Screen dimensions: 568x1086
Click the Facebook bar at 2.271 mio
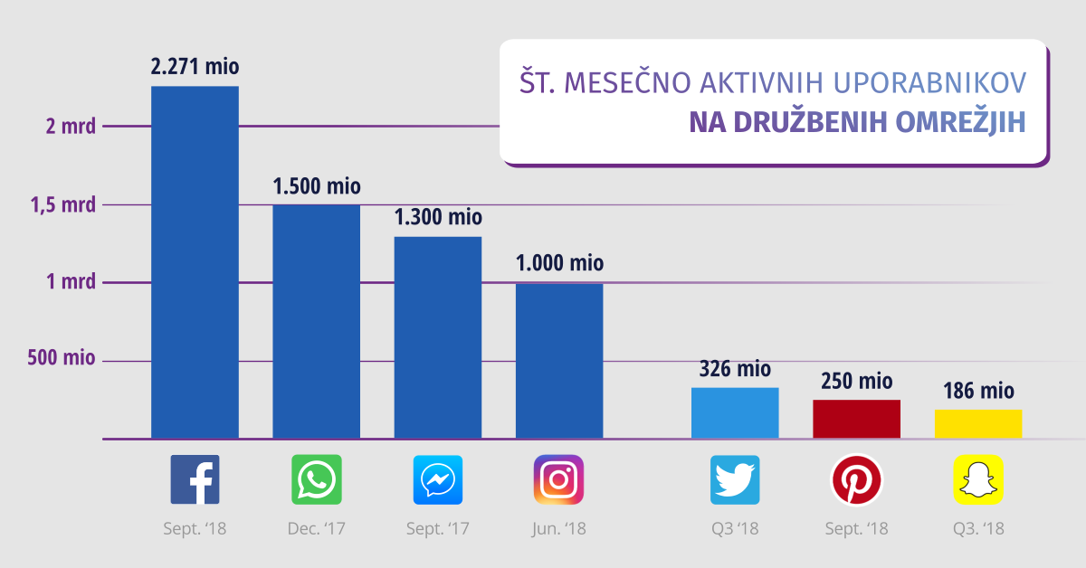[x=195, y=262]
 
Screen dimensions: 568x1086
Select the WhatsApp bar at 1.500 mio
[x=316, y=321]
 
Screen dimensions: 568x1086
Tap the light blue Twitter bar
[x=735, y=413]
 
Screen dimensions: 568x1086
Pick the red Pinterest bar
[x=856, y=419]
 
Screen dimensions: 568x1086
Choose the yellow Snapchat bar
[x=978, y=424]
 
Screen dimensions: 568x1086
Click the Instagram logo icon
[x=558, y=479]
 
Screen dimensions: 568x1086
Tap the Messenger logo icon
[x=438, y=479]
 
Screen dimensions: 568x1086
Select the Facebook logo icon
[x=195, y=479]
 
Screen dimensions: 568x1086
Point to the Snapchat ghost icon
[x=978, y=479]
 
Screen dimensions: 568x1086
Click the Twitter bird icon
[x=735, y=479]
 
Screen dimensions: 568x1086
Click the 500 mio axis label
[x=62, y=358]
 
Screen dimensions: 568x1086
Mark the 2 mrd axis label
[x=71, y=127]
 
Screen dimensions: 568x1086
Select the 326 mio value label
[x=735, y=369]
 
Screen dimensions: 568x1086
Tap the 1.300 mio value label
[x=438, y=218]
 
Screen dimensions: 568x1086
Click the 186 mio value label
[x=978, y=392]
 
